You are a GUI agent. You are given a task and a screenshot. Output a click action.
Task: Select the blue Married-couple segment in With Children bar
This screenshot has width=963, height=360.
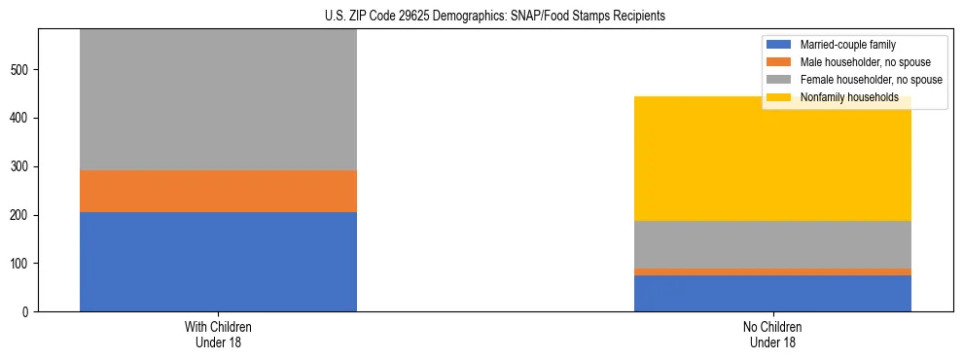[218, 262]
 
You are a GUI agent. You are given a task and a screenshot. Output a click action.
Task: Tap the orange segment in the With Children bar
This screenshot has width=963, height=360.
[218, 192]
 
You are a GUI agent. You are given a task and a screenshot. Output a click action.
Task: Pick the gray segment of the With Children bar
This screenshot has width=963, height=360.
[218, 100]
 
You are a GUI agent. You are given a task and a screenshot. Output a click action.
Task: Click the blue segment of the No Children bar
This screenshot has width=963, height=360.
[772, 293]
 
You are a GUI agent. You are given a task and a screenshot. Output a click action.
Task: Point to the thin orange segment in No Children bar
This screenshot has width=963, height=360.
[772, 272]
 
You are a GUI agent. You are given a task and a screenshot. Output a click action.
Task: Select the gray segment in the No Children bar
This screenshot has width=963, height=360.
[772, 244]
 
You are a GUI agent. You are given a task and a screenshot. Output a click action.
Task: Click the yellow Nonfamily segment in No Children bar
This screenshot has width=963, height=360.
[772, 159]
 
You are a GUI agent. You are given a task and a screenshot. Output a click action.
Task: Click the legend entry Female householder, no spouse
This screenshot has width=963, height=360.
[869, 80]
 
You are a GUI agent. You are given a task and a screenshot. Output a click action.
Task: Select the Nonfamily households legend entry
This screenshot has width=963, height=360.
[849, 97]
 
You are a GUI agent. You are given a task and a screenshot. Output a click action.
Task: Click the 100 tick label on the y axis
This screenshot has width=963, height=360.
[20, 264]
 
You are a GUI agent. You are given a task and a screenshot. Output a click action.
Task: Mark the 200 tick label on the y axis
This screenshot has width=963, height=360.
[20, 215]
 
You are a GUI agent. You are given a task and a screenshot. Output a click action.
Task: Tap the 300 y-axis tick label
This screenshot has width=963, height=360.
[20, 167]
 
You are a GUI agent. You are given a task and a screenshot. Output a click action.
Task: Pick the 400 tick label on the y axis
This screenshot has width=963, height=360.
[20, 119]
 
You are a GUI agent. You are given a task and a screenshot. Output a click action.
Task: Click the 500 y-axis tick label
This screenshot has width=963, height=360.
[20, 70]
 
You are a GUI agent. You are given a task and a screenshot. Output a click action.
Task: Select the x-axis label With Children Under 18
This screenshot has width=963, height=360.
[218, 334]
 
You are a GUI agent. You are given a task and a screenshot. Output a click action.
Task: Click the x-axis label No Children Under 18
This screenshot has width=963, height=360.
[772, 334]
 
